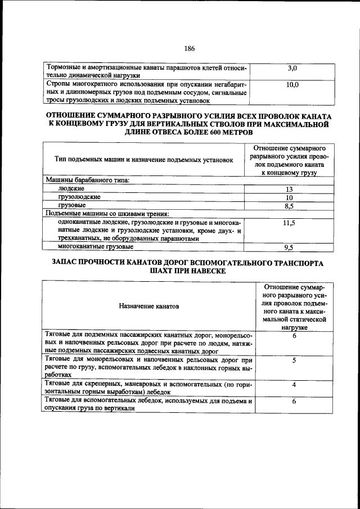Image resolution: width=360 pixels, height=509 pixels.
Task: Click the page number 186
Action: coord(181,49)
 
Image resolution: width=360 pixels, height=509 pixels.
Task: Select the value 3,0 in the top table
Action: coord(292,68)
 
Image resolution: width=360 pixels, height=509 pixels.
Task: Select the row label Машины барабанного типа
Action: coord(87,180)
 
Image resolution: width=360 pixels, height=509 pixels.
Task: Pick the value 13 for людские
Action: coord(289,190)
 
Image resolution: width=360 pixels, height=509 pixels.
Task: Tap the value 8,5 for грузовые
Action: coord(289,206)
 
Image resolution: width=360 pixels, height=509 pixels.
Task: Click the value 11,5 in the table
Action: coord(289,223)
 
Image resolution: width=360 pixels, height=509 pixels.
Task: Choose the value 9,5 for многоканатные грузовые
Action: coord(289,247)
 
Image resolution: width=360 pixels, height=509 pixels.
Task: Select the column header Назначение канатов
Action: coord(148,307)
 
